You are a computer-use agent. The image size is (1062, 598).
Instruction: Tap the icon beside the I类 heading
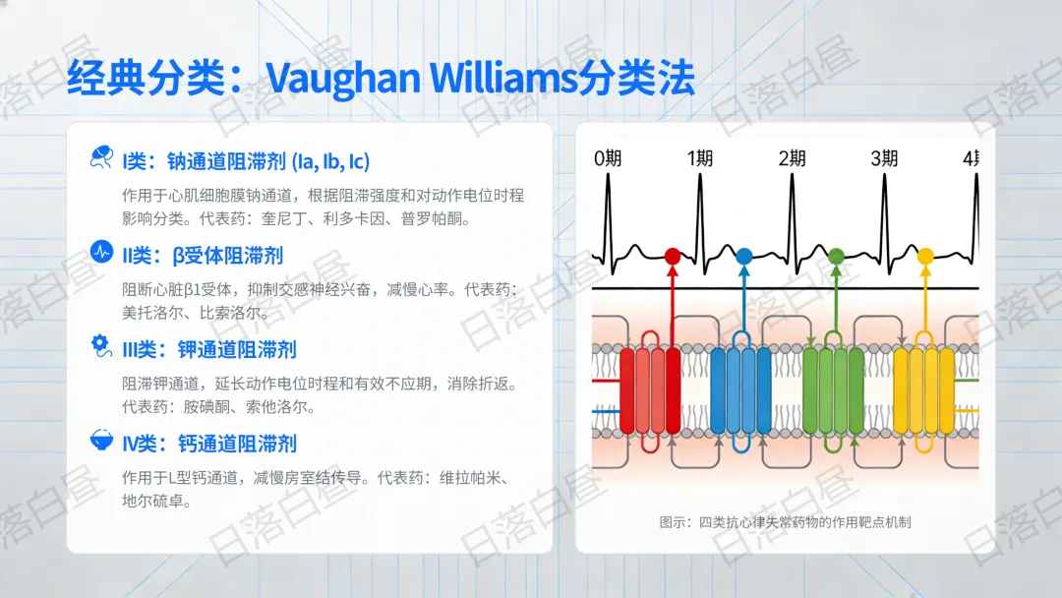100,158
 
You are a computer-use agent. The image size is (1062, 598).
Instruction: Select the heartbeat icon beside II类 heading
100,253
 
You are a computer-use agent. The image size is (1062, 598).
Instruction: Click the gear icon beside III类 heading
100,346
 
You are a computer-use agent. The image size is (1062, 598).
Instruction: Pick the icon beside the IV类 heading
100,441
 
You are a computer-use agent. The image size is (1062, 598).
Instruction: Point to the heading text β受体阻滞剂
227,256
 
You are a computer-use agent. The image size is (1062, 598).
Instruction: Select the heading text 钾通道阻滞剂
237,349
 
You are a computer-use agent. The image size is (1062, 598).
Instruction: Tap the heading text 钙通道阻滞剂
237,444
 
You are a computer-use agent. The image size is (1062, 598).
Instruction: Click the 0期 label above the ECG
608,158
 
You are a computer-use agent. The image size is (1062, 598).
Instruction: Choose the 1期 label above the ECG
700,158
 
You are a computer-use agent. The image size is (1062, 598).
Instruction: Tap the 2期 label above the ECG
792,158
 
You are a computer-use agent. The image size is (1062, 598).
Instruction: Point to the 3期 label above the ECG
884,158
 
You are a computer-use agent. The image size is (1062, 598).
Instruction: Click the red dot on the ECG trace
673,257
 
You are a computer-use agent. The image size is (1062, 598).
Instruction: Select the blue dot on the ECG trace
743,257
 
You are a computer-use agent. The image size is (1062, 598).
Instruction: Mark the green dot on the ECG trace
836,257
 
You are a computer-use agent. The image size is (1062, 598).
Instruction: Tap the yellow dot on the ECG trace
925,257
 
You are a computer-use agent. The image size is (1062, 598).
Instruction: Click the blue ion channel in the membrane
739,390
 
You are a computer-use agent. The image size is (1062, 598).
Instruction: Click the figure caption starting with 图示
785,522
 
